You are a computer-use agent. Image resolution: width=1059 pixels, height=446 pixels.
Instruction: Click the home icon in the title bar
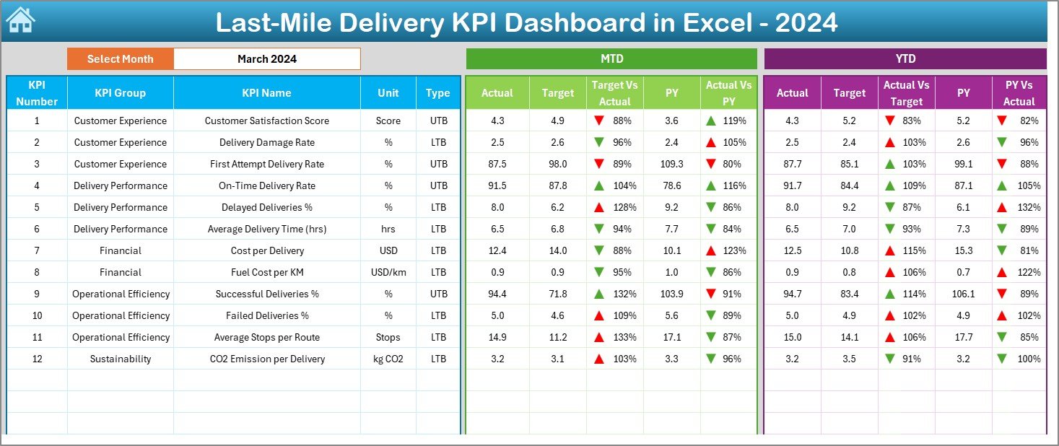20,21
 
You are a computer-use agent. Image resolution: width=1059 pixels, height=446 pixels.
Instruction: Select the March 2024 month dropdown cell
267,59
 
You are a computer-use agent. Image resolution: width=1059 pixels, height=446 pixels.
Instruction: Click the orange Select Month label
121,59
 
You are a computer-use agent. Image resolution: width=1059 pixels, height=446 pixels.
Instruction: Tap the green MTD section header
611,58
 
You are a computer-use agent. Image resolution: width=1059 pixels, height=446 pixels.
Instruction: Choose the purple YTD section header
905,58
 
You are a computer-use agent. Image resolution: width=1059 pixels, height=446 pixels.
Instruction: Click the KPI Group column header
120,92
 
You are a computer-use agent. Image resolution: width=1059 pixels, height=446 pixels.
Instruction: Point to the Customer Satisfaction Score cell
266,121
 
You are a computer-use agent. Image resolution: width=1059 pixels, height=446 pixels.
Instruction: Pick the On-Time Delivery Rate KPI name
266,185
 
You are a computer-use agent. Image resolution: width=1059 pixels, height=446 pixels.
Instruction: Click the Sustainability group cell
121,359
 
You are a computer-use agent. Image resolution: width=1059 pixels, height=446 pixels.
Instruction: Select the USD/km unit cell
388,272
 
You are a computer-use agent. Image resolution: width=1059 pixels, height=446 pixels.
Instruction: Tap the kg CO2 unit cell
388,359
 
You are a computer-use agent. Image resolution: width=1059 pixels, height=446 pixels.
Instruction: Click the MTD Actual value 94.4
497,294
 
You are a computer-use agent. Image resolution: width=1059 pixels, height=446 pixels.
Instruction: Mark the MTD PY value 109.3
671,164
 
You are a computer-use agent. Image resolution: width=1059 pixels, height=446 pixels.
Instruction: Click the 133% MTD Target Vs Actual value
625,337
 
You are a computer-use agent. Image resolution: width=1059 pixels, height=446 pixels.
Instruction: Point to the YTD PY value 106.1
963,294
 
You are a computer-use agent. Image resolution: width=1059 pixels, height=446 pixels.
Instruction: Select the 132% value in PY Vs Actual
1030,207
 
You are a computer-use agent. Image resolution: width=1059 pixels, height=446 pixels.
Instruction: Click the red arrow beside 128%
598,207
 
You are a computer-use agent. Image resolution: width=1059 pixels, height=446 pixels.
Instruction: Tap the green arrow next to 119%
712,121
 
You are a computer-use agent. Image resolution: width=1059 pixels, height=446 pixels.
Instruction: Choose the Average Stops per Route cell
266,337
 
